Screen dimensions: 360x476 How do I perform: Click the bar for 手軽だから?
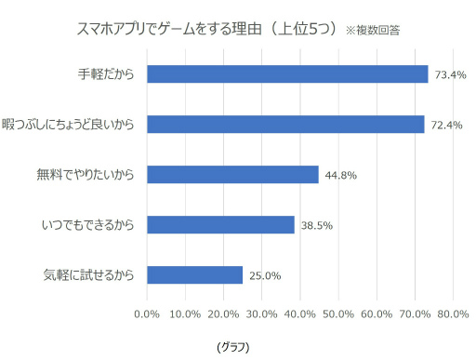pyautogui.click(x=287, y=74)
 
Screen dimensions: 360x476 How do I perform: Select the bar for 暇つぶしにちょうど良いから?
pyautogui.click(x=285, y=124)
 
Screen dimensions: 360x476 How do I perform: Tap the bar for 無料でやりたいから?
pyautogui.click(x=232, y=174)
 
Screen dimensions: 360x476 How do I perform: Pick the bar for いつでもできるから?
pyautogui.click(x=220, y=224)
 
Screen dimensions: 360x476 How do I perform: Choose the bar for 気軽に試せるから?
pyautogui.click(x=194, y=274)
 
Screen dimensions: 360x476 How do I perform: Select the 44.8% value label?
pyautogui.click(x=340, y=175)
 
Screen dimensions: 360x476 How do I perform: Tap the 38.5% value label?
pyautogui.click(x=316, y=225)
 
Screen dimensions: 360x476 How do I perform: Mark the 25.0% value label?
pyautogui.click(x=264, y=275)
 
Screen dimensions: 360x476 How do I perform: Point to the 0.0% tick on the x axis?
pyautogui.click(x=147, y=313)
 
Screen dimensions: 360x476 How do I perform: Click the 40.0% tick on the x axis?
pyautogui.click(x=300, y=313)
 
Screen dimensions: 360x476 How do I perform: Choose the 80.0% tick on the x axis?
pyautogui.click(x=453, y=313)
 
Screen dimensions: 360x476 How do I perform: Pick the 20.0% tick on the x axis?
pyautogui.click(x=224, y=313)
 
